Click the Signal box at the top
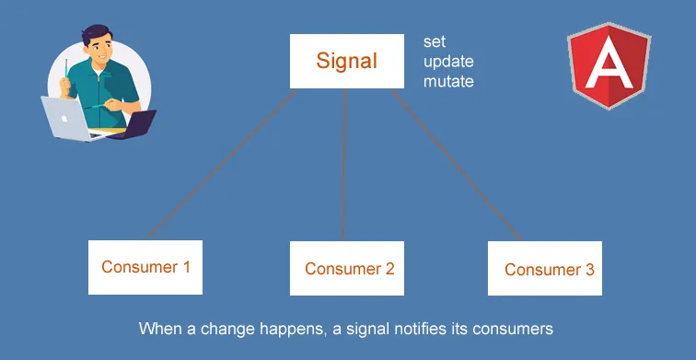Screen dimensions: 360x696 coord(347,62)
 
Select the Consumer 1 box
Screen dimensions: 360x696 coord(145,268)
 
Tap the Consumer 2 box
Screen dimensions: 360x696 coord(348,269)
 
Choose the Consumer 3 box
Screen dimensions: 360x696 coord(545,269)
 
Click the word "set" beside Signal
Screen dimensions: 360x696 coord(434,42)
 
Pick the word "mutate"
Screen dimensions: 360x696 coord(448,81)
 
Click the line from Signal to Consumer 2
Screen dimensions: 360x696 coord(344,166)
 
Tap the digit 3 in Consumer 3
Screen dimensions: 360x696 coord(589,270)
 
